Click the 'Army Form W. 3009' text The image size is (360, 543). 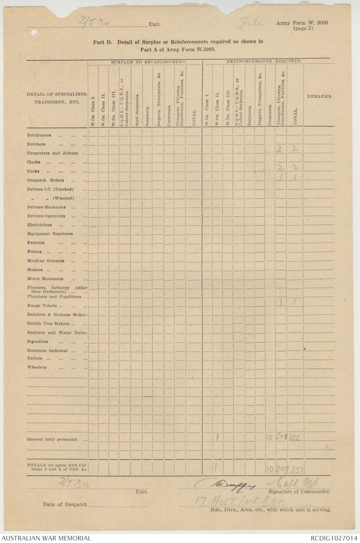(x=302, y=23)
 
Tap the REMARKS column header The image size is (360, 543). (x=320, y=96)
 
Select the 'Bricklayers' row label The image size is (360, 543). (x=39, y=135)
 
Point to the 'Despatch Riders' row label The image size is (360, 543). (x=45, y=180)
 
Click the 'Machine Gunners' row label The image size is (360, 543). (x=46, y=261)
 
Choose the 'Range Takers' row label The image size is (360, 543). (x=42, y=306)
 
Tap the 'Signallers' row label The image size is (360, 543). (x=38, y=342)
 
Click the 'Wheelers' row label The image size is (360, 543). (x=37, y=367)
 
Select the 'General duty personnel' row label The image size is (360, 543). (x=52, y=439)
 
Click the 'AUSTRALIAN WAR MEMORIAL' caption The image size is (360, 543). (x=46, y=538)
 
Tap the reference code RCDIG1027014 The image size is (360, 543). (x=334, y=538)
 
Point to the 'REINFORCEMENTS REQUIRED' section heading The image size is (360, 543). (x=264, y=61)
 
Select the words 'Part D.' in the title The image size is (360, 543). (x=103, y=42)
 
